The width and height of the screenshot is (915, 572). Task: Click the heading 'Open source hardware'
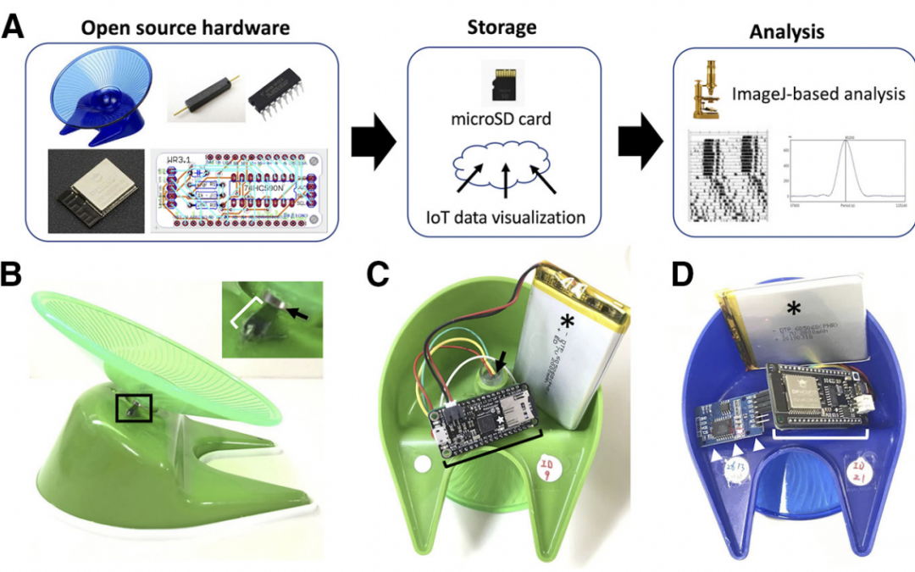click(185, 27)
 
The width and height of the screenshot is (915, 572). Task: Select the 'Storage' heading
click(502, 27)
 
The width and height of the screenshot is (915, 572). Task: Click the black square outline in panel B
click(134, 408)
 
